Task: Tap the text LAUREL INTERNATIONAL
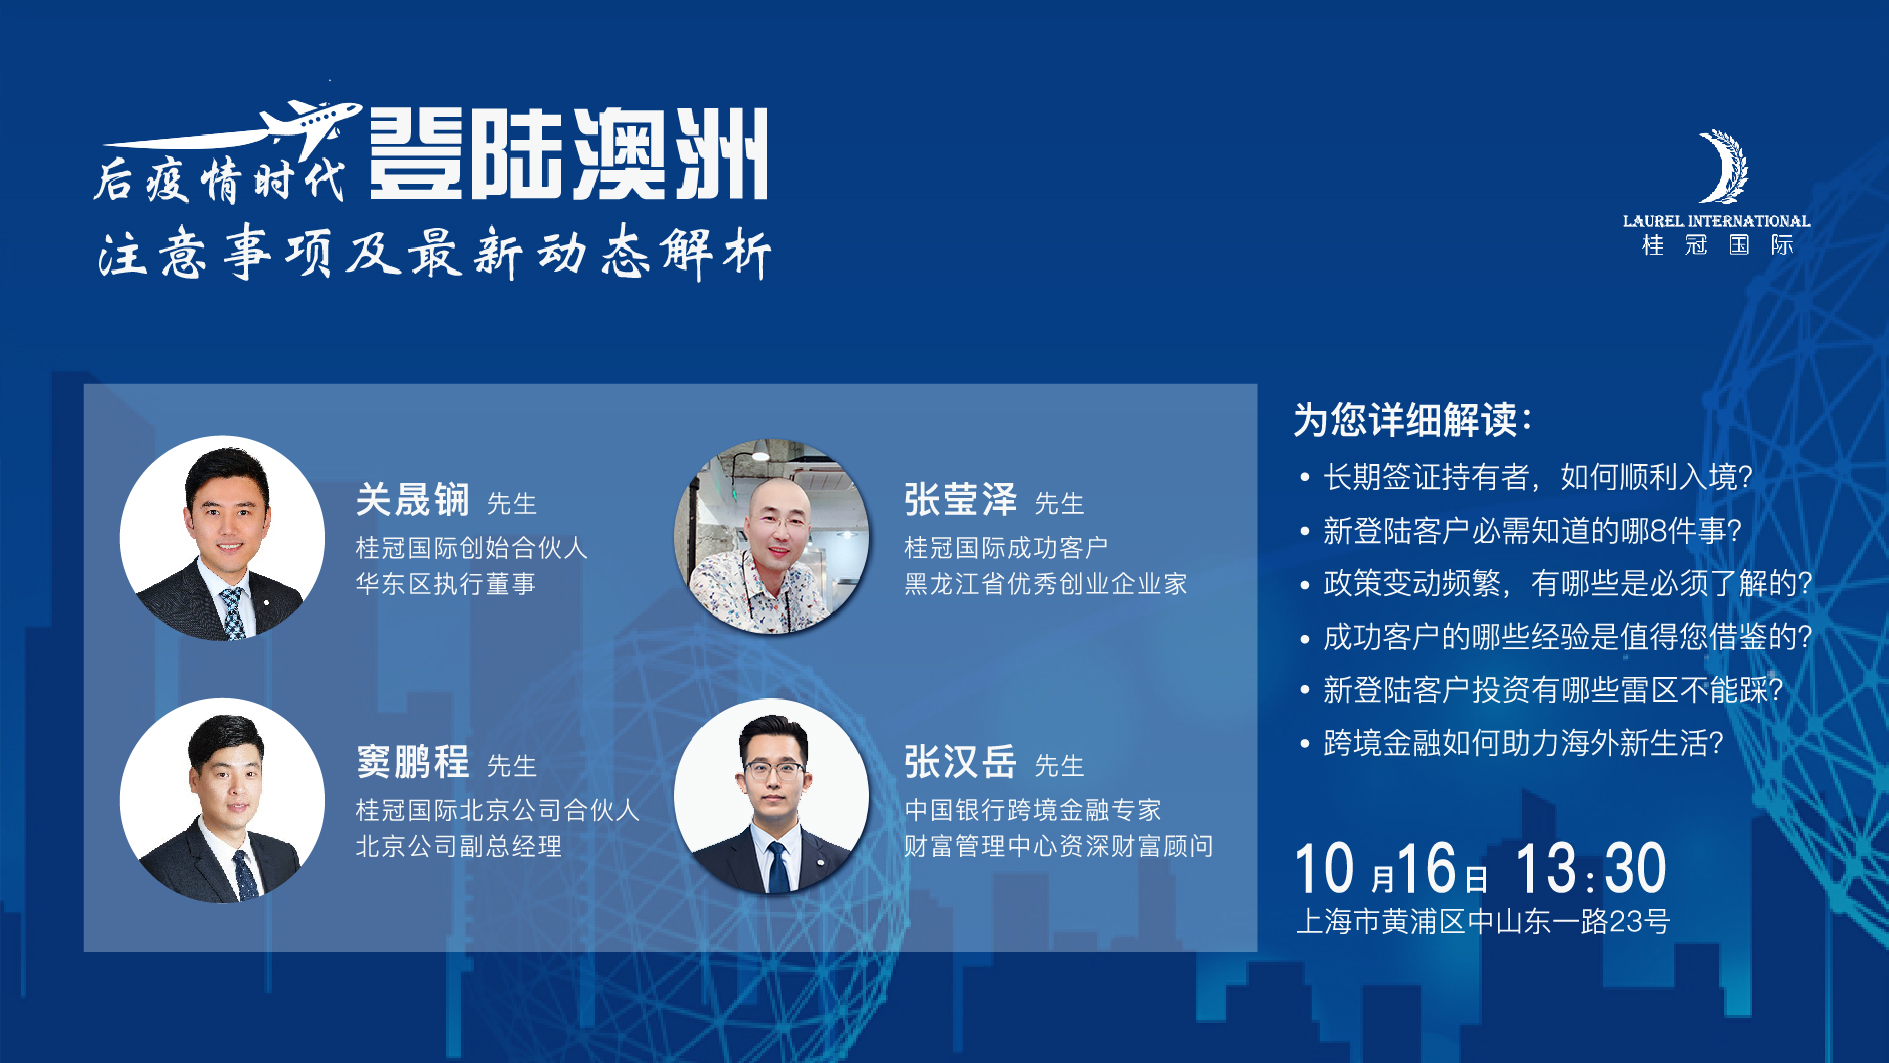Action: (1716, 221)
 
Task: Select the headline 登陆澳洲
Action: (568, 154)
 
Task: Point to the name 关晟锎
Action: (412, 500)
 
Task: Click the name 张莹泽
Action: (960, 500)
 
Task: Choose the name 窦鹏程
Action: (412, 762)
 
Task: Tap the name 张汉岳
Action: (960, 762)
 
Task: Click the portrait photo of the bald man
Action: (772, 537)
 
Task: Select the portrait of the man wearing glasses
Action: (772, 797)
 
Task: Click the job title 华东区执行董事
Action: (446, 584)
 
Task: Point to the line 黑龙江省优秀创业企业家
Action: (1045, 584)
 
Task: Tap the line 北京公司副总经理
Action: (459, 847)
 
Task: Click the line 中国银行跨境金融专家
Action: (1032, 810)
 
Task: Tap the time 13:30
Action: (1591, 868)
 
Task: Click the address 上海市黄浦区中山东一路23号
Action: (1482, 921)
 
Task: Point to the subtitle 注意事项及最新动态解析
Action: (435, 253)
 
